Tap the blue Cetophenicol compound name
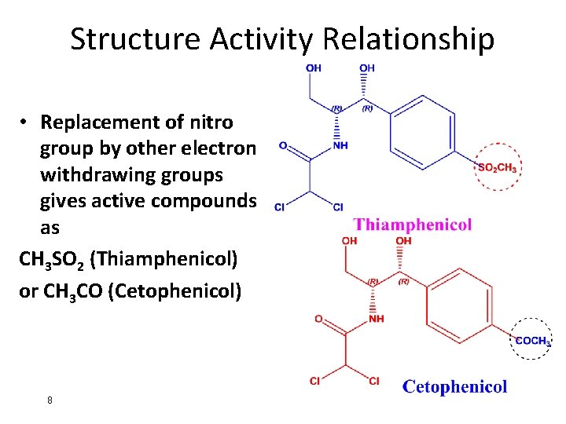click(455, 386)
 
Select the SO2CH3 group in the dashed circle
click(497, 167)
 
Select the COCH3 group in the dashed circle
click(532, 340)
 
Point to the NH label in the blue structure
click(340, 145)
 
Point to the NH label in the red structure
click(377, 319)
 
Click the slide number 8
click(50, 400)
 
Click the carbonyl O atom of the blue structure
click(283, 145)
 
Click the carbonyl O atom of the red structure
click(318, 319)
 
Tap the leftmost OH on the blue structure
click(313, 68)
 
